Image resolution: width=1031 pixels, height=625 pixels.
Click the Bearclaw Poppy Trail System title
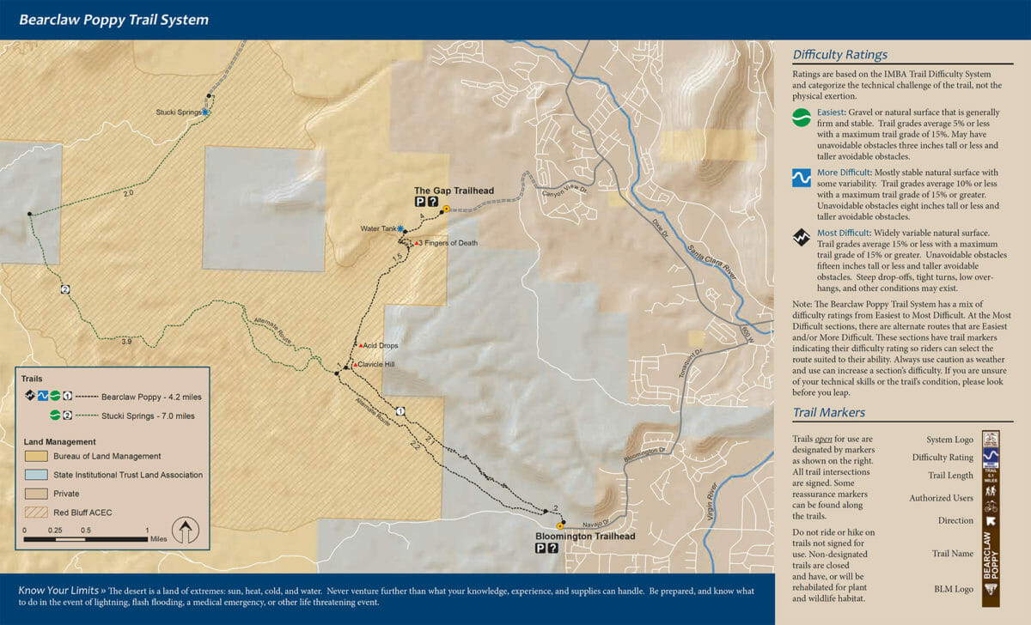point(113,20)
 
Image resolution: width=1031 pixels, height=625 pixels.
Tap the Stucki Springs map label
point(178,112)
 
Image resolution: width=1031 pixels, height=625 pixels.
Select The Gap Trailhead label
point(454,191)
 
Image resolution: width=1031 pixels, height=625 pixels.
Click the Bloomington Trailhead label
point(584,537)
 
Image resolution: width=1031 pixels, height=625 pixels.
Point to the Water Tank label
point(378,228)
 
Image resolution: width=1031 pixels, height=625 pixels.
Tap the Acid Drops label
point(381,345)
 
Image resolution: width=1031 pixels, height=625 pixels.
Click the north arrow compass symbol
point(185,531)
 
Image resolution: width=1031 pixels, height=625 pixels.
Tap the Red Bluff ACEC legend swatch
point(35,513)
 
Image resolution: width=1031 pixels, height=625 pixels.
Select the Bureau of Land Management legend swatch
point(35,456)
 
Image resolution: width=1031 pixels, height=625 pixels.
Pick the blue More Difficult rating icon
point(801,178)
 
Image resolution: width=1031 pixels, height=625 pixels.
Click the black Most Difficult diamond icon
point(801,238)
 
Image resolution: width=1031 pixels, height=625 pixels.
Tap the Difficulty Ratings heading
point(839,55)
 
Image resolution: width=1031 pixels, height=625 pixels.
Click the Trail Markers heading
point(829,413)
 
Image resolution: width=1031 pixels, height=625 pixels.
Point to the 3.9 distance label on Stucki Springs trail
point(126,342)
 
